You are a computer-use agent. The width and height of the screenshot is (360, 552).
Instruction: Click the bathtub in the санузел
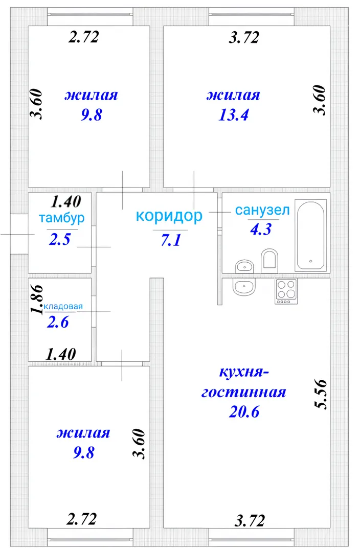click(x=311, y=236)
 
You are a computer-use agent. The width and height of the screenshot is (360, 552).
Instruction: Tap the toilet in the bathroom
click(x=269, y=260)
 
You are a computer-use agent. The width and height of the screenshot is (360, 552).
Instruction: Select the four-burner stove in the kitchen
click(x=286, y=291)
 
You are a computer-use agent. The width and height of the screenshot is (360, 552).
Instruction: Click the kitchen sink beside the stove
click(x=244, y=286)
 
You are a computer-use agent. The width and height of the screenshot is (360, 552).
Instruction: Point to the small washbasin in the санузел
click(x=244, y=266)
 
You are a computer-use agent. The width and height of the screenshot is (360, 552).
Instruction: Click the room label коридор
click(x=169, y=216)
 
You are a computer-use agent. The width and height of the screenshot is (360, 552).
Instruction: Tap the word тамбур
click(x=62, y=218)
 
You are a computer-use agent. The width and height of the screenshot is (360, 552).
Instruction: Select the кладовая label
click(x=63, y=306)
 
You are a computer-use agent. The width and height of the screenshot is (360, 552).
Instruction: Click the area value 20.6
click(x=244, y=411)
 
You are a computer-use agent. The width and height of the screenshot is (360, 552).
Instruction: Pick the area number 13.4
click(x=234, y=115)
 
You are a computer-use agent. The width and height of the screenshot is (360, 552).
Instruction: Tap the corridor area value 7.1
click(x=171, y=240)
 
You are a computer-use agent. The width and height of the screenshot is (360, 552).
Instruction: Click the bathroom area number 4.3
click(x=261, y=229)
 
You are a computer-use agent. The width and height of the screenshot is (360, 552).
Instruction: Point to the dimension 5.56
click(x=321, y=394)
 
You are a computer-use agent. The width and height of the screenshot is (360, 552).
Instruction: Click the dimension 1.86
click(x=37, y=299)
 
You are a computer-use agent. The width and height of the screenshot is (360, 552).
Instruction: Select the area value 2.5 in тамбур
click(x=59, y=239)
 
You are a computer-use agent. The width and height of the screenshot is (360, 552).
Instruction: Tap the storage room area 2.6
click(x=58, y=322)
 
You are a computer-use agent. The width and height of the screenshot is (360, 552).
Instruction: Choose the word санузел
click(x=262, y=210)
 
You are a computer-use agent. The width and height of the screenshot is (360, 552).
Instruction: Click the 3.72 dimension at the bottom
click(x=250, y=521)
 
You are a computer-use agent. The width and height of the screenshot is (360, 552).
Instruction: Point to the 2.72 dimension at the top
click(x=84, y=37)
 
